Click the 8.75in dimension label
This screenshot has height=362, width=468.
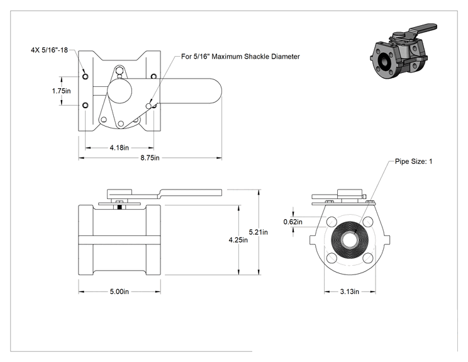click(150, 157)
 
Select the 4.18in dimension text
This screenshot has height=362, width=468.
click(119, 147)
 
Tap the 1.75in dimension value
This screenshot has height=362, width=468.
click(61, 91)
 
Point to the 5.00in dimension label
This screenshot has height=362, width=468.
click(119, 291)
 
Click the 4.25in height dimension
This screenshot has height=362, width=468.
click(238, 240)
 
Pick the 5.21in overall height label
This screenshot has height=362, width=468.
click(259, 232)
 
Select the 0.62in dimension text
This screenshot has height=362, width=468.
click(292, 222)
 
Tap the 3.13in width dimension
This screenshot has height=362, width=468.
click(350, 291)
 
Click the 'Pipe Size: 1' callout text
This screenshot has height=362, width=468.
click(414, 162)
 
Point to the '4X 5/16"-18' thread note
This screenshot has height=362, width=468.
click(50, 50)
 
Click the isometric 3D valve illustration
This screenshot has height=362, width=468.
click(403, 51)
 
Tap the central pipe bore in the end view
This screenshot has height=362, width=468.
click(350, 240)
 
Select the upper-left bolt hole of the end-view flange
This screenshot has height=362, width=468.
click(331, 222)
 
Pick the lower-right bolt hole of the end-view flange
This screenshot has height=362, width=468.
click(368, 258)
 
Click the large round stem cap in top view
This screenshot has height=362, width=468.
click(120, 91)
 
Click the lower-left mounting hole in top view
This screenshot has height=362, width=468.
click(86, 105)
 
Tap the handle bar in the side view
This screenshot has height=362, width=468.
click(191, 193)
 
